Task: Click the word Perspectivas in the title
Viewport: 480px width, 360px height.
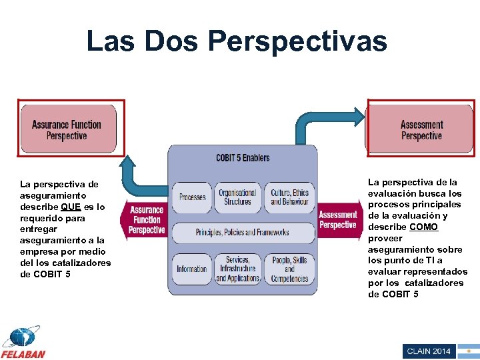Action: pos(297,41)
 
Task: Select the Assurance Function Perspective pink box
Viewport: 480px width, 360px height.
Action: pos(67,129)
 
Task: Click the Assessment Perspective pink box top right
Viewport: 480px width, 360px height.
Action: pos(421,129)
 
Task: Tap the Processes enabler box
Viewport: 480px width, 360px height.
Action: pos(193,197)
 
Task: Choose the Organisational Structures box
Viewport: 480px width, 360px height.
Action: pos(237,197)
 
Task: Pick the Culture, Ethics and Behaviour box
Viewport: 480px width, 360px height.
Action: pos(289,197)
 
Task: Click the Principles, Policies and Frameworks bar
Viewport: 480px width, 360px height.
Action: pos(242,232)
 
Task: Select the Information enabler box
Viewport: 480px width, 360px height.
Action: pos(192,269)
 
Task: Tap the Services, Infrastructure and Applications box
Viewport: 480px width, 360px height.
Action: pos(237,269)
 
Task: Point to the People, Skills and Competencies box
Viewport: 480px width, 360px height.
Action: pos(289,269)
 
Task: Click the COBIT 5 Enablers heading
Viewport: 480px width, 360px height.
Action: pos(243,158)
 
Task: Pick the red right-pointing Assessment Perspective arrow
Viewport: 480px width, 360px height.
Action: pos(339,219)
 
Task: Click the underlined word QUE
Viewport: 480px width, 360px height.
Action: pos(71,207)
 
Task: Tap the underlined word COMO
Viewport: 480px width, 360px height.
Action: pos(424,227)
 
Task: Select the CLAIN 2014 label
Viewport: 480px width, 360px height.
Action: pos(428,351)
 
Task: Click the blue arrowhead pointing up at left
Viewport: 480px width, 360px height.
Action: pos(127,161)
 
